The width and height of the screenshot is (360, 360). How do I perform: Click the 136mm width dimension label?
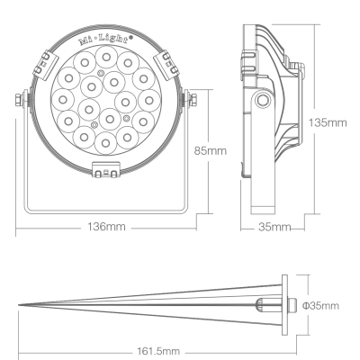coord(106,227)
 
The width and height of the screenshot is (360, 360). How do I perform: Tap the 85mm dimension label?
coord(210,150)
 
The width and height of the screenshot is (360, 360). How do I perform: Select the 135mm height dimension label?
coord(328,122)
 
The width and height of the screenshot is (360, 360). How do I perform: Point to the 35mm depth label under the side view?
coord(274,227)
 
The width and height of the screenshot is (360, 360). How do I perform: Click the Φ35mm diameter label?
coord(320,306)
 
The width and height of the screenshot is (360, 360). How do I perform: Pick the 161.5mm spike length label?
coord(158,351)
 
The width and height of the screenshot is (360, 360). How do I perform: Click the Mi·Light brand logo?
coord(106,40)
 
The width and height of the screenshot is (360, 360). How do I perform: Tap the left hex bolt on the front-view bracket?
coord(20,100)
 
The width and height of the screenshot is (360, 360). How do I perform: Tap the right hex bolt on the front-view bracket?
coord(193,100)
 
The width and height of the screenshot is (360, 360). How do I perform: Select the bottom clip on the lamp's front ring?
coord(106,170)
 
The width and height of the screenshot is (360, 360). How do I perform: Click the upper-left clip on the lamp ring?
coord(45,65)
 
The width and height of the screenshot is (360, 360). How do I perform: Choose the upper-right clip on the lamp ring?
coord(166,65)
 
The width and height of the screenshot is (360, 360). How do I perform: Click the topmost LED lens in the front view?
coord(106,57)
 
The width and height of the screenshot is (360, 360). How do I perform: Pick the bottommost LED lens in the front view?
coord(105,143)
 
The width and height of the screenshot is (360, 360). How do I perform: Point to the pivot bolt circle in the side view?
coord(263,100)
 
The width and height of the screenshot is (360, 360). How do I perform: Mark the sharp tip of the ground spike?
coord(19,305)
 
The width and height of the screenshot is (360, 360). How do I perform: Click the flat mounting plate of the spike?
coord(284,305)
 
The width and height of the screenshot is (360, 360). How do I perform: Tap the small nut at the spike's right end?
coord(292,305)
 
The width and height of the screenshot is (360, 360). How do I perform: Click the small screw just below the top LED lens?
coord(101,72)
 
